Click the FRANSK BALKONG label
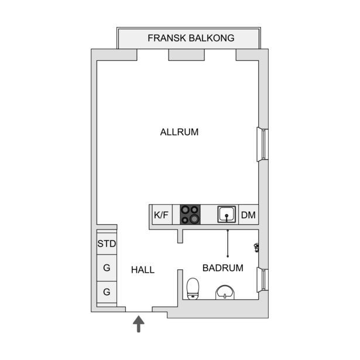click(x=191, y=38)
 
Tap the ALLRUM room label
click(x=179, y=132)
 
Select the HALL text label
click(x=143, y=270)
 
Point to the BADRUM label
click(x=222, y=268)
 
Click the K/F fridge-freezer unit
click(x=162, y=215)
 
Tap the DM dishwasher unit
click(x=249, y=215)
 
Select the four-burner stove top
click(x=190, y=214)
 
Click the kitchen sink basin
click(x=227, y=214)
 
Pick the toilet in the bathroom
click(x=193, y=289)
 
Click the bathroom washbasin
click(x=225, y=293)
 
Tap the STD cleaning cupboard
click(x=107, y=244)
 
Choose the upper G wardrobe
click(x=107, y=268)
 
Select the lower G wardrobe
click(x=107, y=292)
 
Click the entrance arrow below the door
click(x=139, y=324)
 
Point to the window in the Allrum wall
click(x=262, y=145)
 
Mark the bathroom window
click(x=262, y=280)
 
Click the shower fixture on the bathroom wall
click(x=256, y=248)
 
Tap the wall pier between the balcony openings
click(x=186, y=55)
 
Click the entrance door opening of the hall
click(x=139, y=310)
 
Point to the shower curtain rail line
click(x=228, y=243)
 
